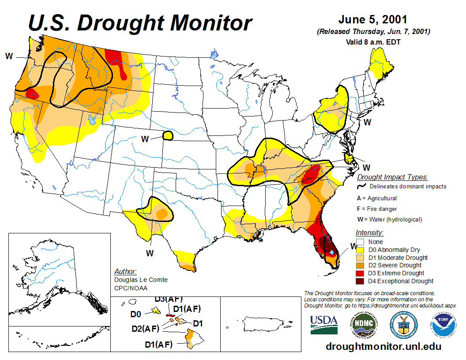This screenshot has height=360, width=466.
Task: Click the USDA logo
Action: (x=324, y=325)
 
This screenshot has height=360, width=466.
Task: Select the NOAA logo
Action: (x=443, y=325)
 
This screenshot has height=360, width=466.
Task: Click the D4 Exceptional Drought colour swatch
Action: (x=360, y=281)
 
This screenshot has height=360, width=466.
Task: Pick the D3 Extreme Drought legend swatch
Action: (x=360, y=273)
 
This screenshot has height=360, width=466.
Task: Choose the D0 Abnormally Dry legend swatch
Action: (x=360, y=250)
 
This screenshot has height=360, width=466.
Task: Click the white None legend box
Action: (x=360, y=242)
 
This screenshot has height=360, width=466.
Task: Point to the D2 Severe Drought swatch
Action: (x=360, y=265)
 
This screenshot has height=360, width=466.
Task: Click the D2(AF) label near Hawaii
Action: (x=145, y=328)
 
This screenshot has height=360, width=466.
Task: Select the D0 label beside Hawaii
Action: (x=135, y=314)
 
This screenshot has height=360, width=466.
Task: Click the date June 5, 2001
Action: (x=373, y=20)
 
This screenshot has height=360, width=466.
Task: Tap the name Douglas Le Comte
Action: (x=141, y=280)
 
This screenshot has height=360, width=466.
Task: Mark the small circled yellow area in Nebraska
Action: (x=168, y=135)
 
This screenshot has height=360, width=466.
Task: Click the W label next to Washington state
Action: (x=9, y=56)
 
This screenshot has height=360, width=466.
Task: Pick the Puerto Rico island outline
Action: (x=261, y=326)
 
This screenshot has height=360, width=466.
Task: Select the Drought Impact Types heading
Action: (x=392, y=177)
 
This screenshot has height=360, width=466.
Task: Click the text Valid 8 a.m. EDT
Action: (x=373, y=42)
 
